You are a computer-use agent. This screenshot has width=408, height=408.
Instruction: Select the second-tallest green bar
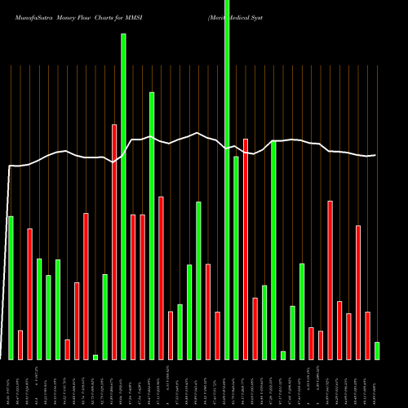pos(123,196)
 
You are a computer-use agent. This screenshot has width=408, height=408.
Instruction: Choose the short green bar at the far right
pos(377,350)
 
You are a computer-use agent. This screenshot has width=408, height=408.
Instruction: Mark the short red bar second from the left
pos(20,344)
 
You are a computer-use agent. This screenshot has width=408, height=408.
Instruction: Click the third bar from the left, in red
pos(29,294)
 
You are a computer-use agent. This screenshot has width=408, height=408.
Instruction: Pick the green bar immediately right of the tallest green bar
pos(236,257)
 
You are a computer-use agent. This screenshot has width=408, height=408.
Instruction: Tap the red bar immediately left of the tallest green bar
pos(217,335)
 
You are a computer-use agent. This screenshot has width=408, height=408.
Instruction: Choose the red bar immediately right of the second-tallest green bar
pos(133,286)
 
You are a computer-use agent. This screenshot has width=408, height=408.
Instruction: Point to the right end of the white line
pos(375,155)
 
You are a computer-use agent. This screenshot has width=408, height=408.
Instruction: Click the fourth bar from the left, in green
pos(39,308)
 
